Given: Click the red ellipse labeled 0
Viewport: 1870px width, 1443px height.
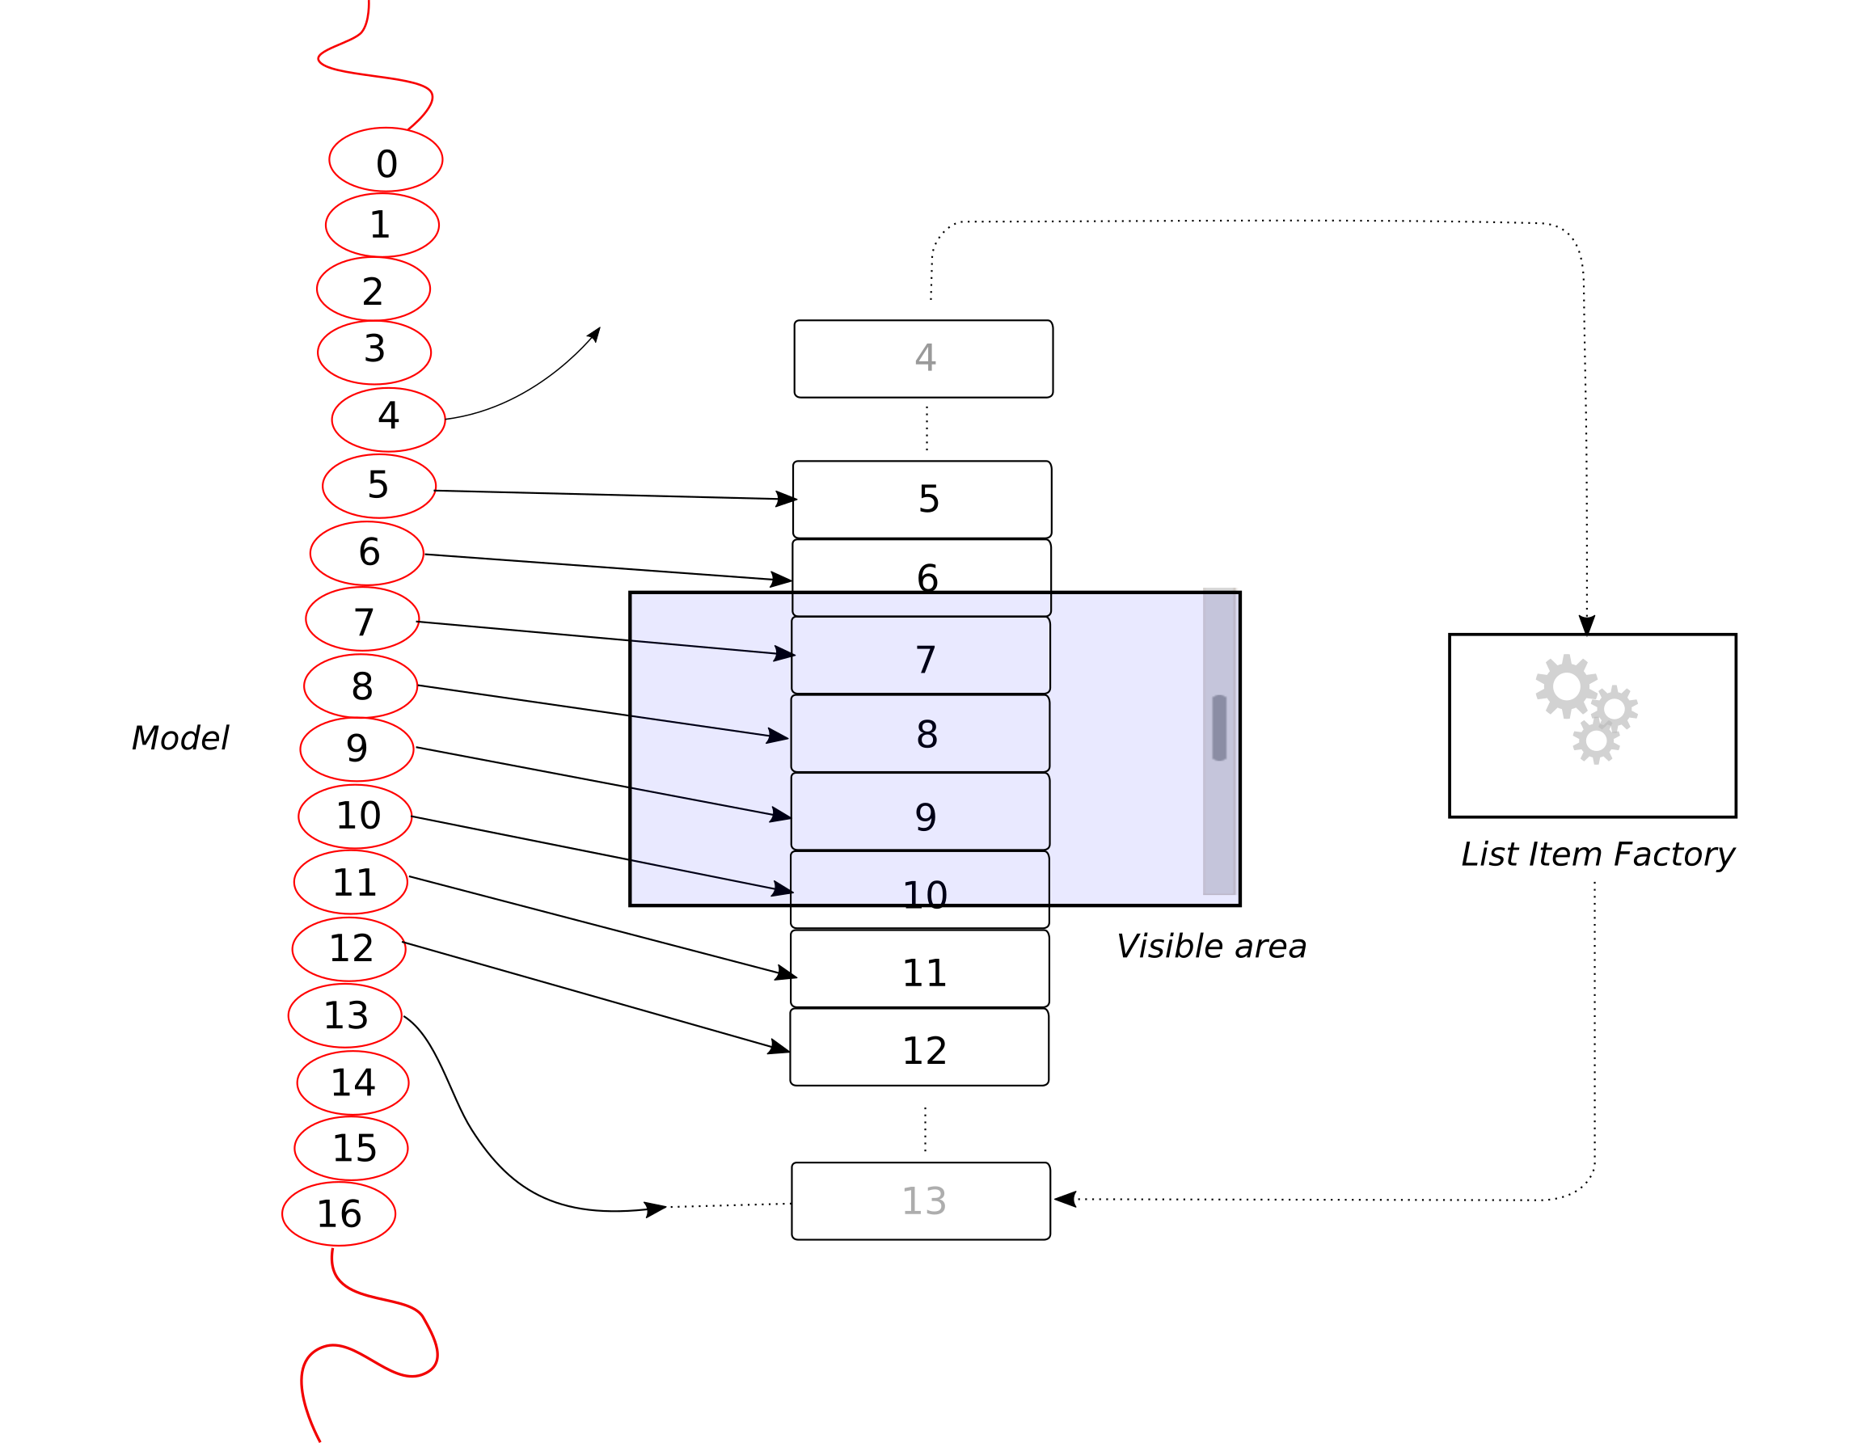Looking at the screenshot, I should click(386, 159).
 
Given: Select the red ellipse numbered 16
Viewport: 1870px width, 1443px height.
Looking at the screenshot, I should click(338, 1213).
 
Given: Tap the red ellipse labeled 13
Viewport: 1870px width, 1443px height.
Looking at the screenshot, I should click(345, 1015).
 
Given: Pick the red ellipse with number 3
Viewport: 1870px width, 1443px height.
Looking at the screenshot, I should click(374, 352).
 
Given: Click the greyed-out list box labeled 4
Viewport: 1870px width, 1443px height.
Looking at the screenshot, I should click(923, 359).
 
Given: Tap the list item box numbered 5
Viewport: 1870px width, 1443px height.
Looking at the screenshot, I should click(922, 500).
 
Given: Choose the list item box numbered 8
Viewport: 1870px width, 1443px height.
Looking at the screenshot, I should click(919, 733).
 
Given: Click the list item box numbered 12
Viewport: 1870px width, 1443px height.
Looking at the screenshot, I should click(918, 1047).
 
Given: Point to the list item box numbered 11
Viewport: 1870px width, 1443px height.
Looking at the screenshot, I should click(919, 968).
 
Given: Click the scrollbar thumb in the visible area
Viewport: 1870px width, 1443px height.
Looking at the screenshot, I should click(1219, 728).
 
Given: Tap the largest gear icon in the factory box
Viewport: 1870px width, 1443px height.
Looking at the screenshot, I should click(1566, 686).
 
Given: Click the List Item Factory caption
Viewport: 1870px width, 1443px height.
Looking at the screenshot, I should click(1598, 854).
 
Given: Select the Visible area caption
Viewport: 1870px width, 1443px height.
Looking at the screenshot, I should click(1211, 947).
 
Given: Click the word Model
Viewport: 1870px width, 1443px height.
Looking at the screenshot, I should click(179, 738).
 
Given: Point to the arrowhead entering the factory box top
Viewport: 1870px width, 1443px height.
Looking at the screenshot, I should click(1586, 624).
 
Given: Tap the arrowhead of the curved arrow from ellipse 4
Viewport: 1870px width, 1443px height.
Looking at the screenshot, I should click(594, 334).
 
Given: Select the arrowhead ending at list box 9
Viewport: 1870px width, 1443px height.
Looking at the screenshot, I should click(780, 814).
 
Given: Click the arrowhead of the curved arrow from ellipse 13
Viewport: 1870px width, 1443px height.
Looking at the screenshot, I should click(654, 1209).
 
